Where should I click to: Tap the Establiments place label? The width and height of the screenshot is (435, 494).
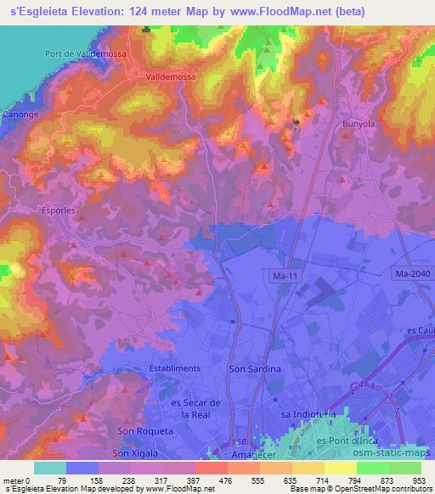point(174,368)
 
